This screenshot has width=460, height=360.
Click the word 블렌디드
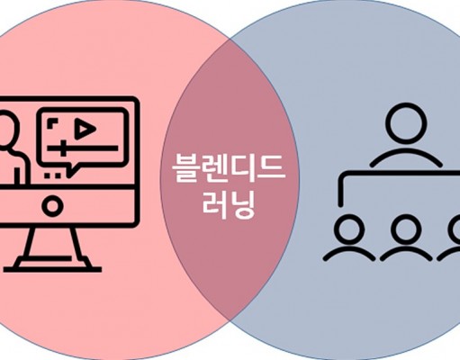[x=229, y=169]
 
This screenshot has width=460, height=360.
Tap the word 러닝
[x=229, y=205]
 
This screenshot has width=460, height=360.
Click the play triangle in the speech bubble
[x=85, y=129]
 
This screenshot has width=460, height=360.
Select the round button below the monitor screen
[x=52, y=206]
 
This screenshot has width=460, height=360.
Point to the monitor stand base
[x=52, y=268]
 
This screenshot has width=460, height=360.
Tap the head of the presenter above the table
[x=406, y=123]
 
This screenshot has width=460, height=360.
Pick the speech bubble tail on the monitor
[x=72, y=170]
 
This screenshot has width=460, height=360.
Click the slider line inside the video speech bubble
[x=83, y=148]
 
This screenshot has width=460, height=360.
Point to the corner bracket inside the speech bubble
[x=52, y=123]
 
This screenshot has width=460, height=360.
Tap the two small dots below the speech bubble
[x=51, y=175]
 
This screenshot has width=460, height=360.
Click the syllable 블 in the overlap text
[x=186, y=169]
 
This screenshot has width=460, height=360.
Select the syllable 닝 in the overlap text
[x=243, y=205]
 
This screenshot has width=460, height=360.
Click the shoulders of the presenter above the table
[x=406, y=157]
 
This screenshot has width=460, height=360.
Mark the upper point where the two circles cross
[x=230, y=38]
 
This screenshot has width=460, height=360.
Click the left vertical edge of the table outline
[x=341, y=189]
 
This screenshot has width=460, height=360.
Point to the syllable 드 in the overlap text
[x=272, y=168]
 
